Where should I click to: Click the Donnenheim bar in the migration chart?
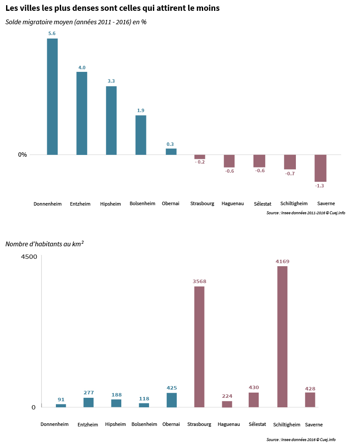coord(52,97)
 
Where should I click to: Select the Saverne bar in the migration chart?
coord(320,168)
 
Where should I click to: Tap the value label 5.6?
coord(52,33)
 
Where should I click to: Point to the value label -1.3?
coord(319,186)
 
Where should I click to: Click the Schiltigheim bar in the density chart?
coord(282,337)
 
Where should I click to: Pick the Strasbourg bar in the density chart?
coord(199,347)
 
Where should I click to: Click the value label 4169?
coord(282,261)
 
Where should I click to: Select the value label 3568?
coord(199,281)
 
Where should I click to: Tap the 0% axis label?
coord(22,155)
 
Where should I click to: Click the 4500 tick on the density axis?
coord(29,257)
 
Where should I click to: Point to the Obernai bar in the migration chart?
coord(171,152)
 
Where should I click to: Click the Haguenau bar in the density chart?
coord(227,404)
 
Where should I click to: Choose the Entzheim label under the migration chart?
coord(80,204)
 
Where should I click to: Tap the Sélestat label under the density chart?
coord(257,424)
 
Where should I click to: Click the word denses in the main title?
coord(84,8)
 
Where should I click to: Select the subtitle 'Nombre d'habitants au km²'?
coord(44,244)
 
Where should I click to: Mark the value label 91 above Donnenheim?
coord(61,400)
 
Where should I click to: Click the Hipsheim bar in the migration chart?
coord(111,121)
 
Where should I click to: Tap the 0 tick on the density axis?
coord(33,407)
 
